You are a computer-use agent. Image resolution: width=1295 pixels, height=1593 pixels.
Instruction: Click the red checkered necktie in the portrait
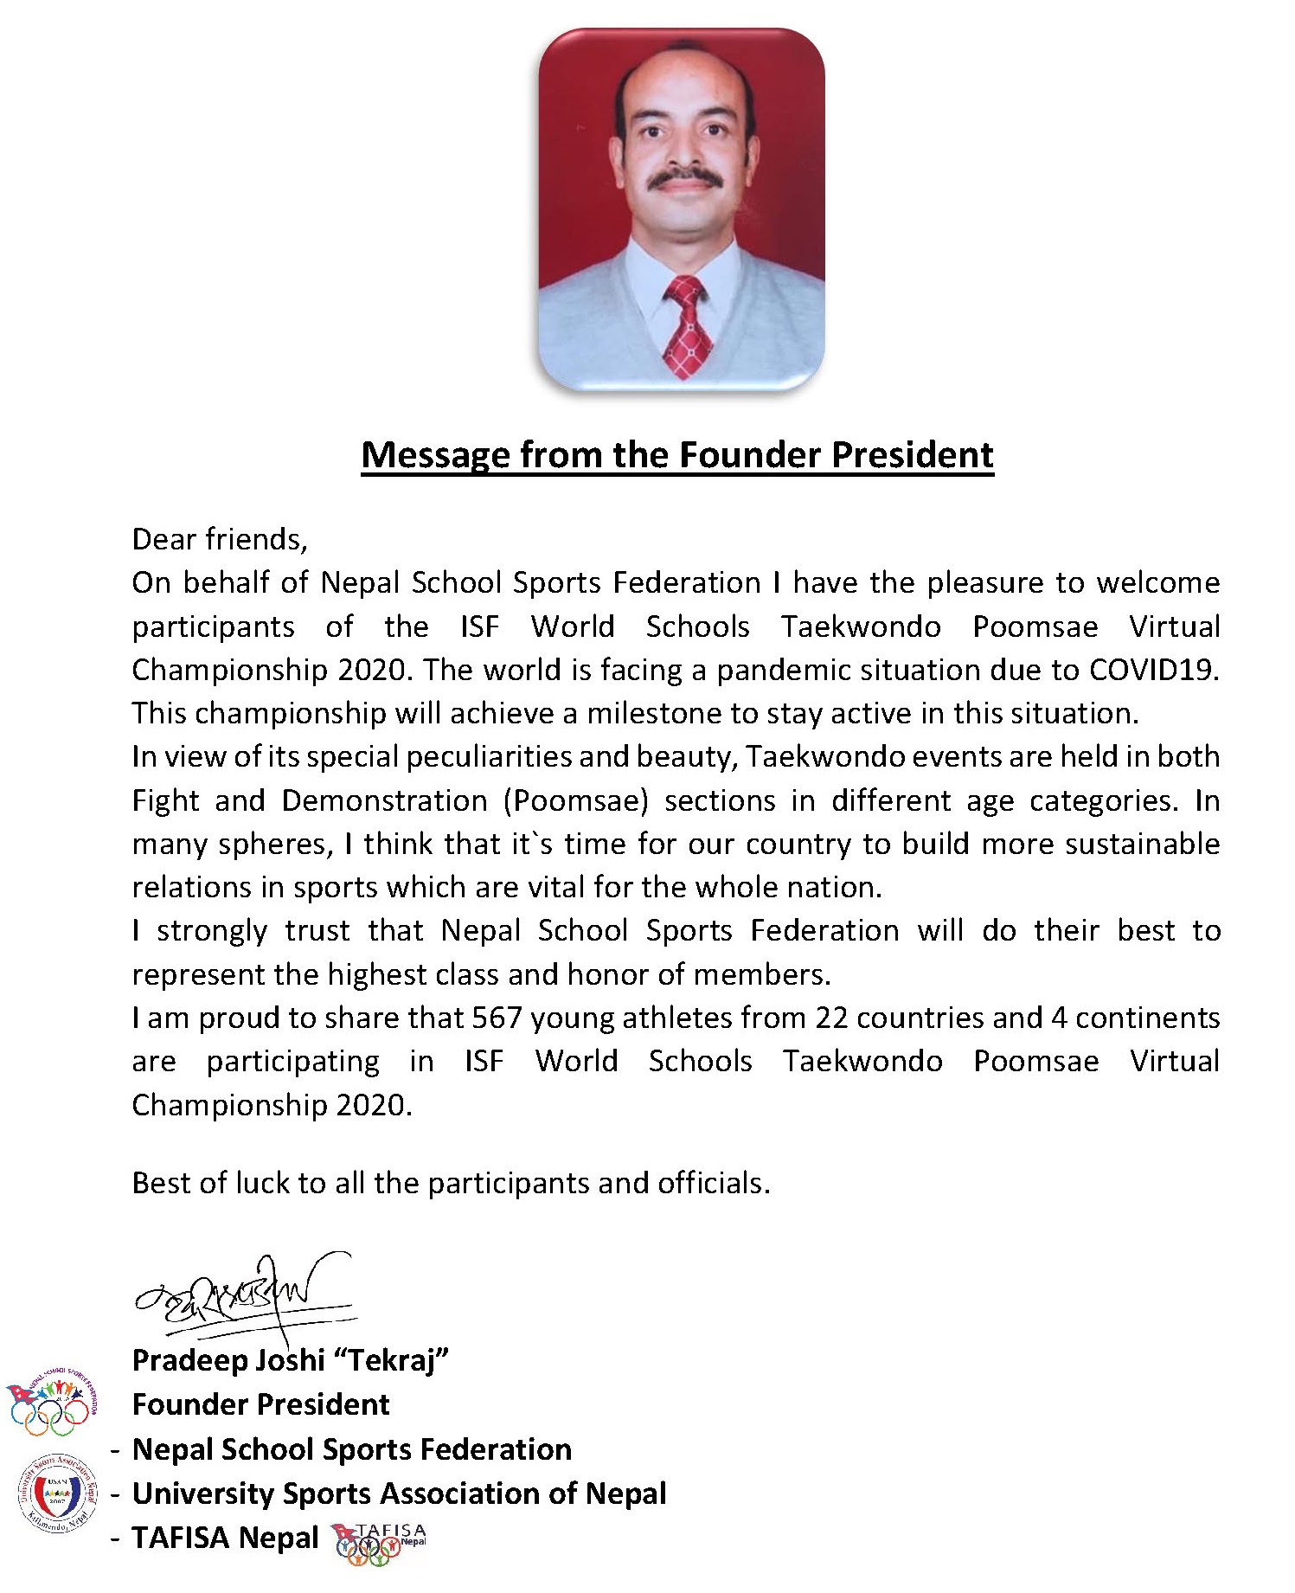click(688, 326)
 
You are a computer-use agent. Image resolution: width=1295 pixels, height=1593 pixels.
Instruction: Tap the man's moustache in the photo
click(686, 178)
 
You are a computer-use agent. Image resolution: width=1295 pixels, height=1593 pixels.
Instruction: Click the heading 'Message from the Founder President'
click(677, 455)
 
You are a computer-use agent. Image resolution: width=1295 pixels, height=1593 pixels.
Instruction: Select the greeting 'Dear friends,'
click(220, 539)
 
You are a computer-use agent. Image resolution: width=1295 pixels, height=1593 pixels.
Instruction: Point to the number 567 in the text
click(497, 1018)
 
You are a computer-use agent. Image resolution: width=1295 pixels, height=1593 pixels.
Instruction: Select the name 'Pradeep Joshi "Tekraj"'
click(291, 1360)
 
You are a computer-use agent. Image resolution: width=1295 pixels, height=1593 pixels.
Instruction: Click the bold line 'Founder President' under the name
click(260, 1404)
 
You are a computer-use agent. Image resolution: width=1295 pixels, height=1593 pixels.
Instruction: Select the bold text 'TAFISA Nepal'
click(225, 1538)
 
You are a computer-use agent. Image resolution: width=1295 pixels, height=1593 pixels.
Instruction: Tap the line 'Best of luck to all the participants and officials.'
click(451, 1183)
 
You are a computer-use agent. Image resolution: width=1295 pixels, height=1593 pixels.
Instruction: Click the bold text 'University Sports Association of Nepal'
click(399, 1493)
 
